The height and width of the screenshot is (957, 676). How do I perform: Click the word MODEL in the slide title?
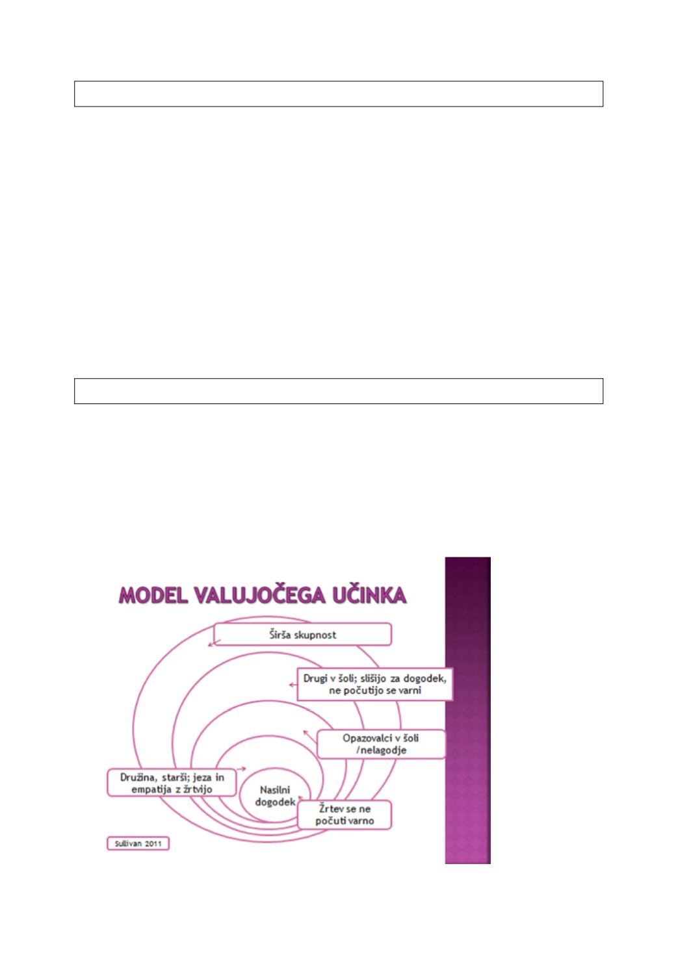coord(153,595)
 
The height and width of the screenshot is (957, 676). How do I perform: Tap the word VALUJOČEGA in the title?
coord(259,595)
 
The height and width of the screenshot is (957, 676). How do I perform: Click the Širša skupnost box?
coord(302,635)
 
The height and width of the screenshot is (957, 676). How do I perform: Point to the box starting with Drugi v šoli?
coord(375,684)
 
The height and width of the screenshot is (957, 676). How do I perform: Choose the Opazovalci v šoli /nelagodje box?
coord(381,744)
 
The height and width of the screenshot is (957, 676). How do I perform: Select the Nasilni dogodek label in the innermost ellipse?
coord(275,796)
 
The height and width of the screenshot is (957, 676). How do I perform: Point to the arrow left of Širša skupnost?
coord(214,643)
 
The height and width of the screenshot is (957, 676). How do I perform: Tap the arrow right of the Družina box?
coord(241,769)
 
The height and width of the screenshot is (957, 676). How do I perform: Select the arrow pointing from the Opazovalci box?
coord(310,736)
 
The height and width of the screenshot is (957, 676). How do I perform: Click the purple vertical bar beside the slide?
coord(467,710)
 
